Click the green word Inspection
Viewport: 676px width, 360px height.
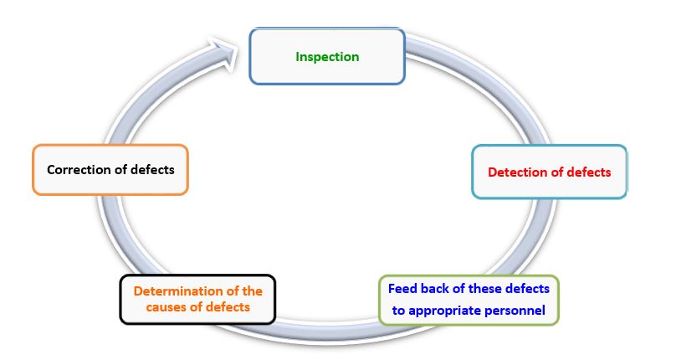pos(327,57)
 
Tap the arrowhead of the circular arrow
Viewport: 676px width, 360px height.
pos(225,54)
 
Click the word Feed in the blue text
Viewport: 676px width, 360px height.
pos(402,288)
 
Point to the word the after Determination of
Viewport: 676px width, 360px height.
pos(252,291)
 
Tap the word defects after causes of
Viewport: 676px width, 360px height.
pos(228,307)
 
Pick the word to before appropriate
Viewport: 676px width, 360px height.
pos(398,311)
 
